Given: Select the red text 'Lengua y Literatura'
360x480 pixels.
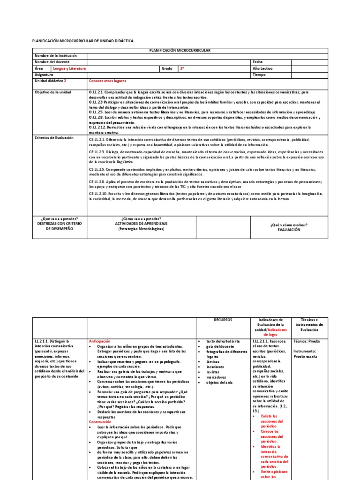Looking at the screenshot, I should coord(69,68).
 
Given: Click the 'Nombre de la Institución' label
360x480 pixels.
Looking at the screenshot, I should coord(55,55).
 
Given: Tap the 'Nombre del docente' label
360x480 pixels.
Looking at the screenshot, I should coord(52,62).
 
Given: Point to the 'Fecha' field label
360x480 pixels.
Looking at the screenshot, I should coord(257,62).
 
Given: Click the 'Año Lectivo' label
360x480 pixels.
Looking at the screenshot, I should coord(262,68).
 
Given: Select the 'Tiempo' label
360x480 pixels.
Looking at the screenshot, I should coord(259,75).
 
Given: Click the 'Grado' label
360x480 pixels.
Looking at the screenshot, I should coord(167,68).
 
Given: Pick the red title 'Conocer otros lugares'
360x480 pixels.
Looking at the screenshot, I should coord(108,81).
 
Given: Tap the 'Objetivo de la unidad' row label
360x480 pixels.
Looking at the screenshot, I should coord(53,92).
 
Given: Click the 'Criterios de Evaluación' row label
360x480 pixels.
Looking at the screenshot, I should coord(54,138).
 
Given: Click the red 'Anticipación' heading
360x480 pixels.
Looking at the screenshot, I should coord(99,342).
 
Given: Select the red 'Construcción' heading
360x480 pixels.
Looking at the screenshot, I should coord(100,422).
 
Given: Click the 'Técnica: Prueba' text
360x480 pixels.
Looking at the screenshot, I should coord(306,342).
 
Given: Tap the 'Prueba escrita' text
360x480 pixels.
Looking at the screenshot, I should coord(306,356).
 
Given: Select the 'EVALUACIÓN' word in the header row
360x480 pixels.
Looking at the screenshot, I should coord(288,230).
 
